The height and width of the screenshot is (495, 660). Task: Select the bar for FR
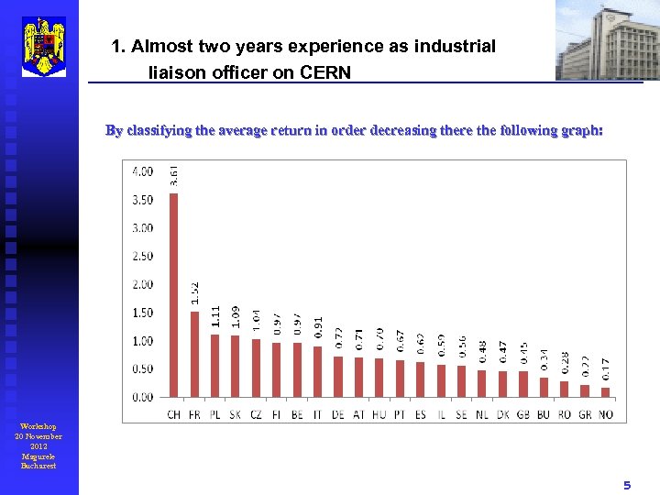point(194,354)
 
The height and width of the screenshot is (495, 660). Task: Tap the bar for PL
point(214,366)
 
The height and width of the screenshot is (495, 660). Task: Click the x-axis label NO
point(605,414)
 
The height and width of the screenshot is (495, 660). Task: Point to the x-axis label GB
point(523,414)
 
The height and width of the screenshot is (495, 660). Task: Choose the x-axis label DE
point(338,414)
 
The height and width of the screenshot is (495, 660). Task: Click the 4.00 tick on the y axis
point(143,171)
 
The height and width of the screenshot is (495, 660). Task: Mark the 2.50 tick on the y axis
point(143,257)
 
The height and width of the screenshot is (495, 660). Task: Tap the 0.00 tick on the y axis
point(143,398)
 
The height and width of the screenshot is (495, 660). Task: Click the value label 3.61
point(174,174)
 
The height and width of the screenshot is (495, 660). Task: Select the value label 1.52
point(194,293)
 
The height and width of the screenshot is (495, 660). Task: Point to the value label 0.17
point(605,369)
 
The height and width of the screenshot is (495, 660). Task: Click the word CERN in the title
point(325,71)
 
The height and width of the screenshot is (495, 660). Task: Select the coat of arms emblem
point(44,46)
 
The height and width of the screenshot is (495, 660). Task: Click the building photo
point(607,40)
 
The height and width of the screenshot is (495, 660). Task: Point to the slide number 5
point(627,485)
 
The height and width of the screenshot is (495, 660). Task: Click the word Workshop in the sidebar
point(38,427)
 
